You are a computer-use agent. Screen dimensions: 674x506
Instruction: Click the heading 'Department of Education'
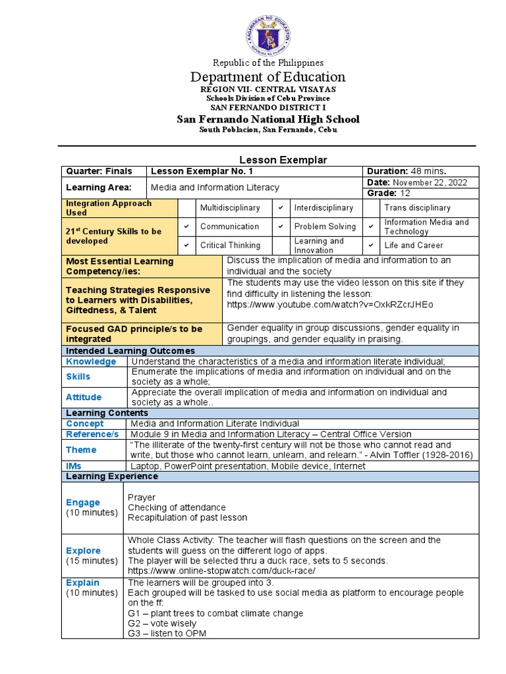click(267, 77)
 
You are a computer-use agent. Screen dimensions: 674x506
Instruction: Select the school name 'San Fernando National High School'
click(267, 119)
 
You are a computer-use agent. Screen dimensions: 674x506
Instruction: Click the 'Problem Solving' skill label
click(325, 226)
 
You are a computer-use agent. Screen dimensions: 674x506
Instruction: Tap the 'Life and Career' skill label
click(413, 245)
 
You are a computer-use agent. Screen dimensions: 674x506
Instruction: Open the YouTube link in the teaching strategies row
click(330, 305)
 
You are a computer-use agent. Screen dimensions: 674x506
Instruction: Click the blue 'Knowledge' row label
click(91, 361)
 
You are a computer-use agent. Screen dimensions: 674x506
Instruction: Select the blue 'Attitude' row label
click(84, 397)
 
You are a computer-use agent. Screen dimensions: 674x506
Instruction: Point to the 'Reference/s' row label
click(92, 434)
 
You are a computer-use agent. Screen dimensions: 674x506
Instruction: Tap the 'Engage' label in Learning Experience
click(83, 502)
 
